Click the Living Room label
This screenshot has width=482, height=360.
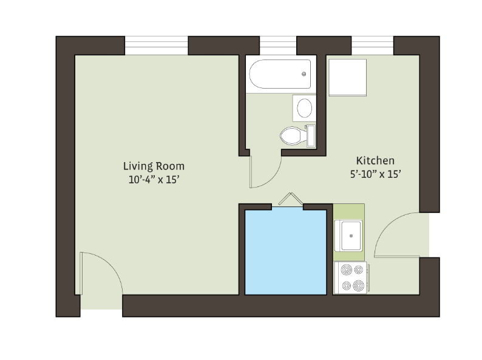click(154, 166)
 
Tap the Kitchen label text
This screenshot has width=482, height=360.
click(375, 161)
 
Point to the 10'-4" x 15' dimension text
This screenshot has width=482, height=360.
click(154, 180)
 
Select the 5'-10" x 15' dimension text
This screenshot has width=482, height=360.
click(376, 174)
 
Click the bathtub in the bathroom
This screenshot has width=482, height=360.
click(280, 74)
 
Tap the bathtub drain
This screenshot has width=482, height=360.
click(304, 74)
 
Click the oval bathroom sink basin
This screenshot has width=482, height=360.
click(305, 108)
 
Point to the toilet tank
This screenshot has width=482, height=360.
click(311, 135)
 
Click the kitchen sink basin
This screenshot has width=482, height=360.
click(351, 236)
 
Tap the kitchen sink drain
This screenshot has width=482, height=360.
click(351, 236)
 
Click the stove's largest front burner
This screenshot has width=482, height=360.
click(358, 285)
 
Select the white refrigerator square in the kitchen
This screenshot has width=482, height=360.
click(347, 78)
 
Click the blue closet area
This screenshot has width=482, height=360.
click(285, 252)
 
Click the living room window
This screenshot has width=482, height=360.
click(156, 46)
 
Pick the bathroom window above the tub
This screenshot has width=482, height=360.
click(278, 46)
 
